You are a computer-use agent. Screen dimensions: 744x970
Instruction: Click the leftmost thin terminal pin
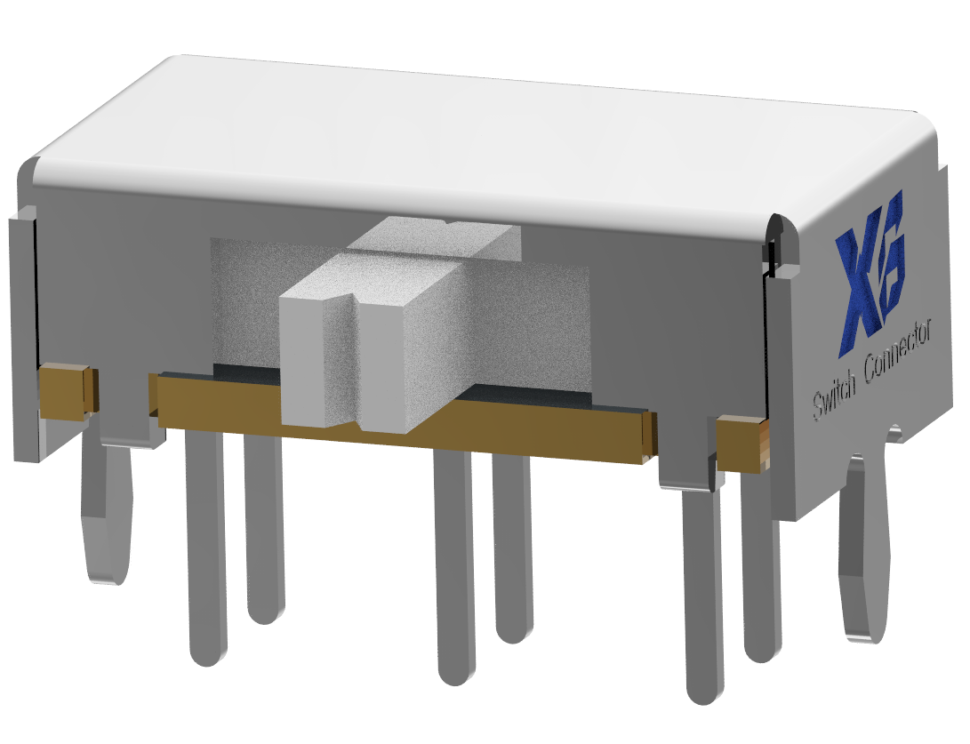[x=206, y=551]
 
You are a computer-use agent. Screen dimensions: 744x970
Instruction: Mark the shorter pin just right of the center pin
[x=514, y=551]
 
